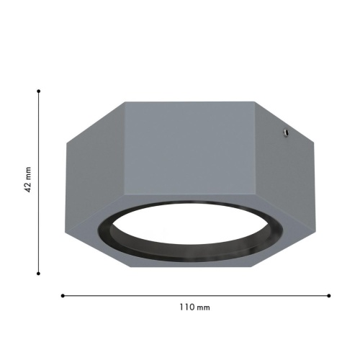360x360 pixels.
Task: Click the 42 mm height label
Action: [28, 179]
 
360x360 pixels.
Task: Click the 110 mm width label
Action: [194, 307]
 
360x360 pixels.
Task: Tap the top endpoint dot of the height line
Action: [39, 91]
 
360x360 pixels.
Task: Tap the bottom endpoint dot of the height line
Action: [38, 274]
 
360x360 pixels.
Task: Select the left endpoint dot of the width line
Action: [63, 296]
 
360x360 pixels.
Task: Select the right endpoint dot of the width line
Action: [329, 296]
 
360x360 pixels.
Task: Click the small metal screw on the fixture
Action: [286, 132]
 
